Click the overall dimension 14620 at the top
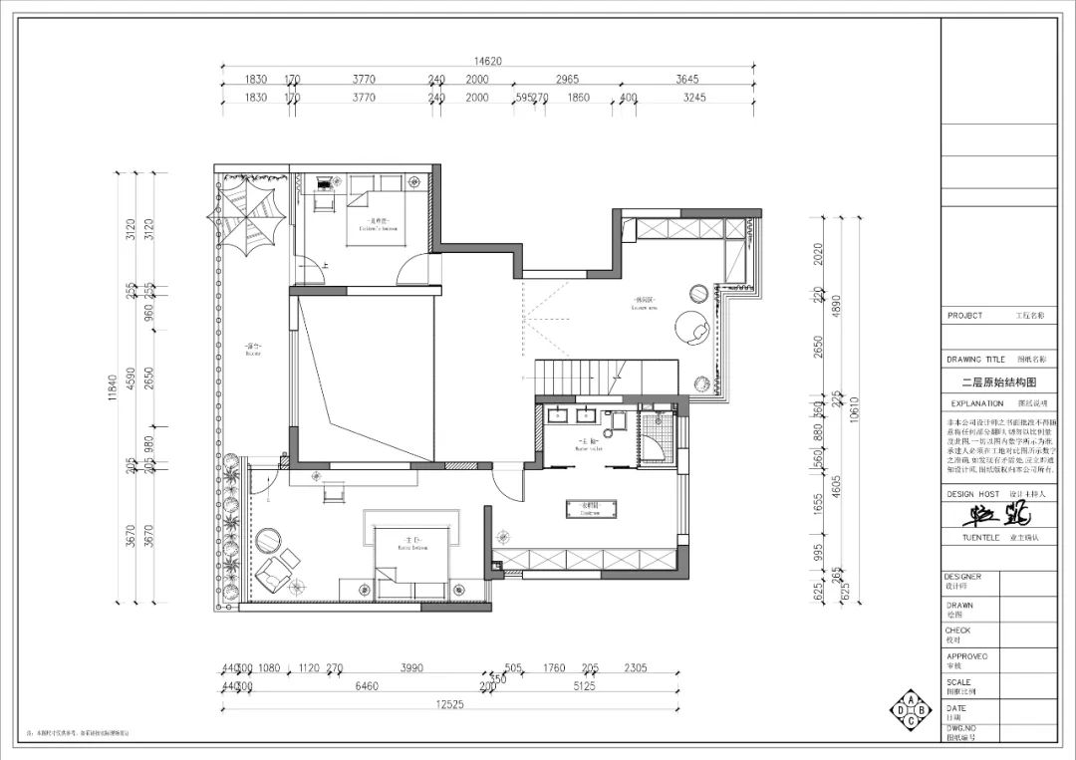click(x=487, y=61)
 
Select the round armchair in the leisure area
click(x=690, y=326)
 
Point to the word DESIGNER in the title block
click(x=963, y=577)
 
